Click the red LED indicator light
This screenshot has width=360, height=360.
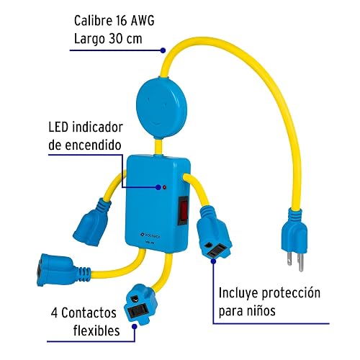pyautogui.click(x=164, y=187)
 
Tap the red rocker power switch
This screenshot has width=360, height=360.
pyautogui.click(x=184, y=211)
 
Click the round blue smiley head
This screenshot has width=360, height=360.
pyautogui.click(x=161, y=107)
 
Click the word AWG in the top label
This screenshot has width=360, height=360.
pyautogui.click(x=143, y=21)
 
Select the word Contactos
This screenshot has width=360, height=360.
pyautogui.click(x=89, y=313)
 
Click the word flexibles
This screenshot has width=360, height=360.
pyautogui.click(x=96, y=330)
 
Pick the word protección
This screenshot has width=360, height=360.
pyautogui.click(x=291, y=293)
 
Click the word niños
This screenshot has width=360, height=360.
pyautogui.click(x=261, y=311)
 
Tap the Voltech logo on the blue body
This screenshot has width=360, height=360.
pyautogui.click(x=150, y=236)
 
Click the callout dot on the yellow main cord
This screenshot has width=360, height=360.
pyautogui.click(x=163, y=50)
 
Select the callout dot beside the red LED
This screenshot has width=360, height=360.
pyautogui.click(x=158, y=187)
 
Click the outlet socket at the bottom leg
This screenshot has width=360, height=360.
pyautogui.click(x=140, y=304)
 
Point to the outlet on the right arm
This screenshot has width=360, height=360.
pyautogui.click(x=214, y=233)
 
